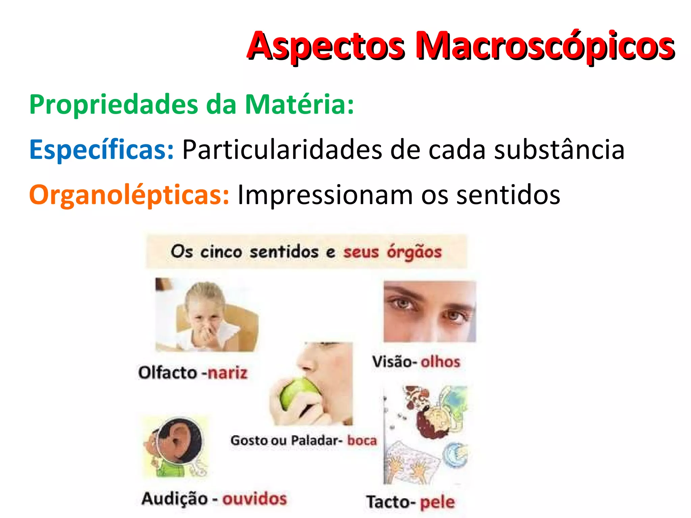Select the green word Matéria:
pyautogui.click(x=299, y=105)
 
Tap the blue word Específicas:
pyautogui.click(x=102, y=149)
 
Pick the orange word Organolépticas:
pyautogui.click(x=129, y=195)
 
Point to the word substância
pyautogui.click(x=559, y=149)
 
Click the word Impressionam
pyautogui.click(x=325, y=195)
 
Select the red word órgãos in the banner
pyautogui.click(x=414, y=252)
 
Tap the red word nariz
pyautogui.click(x=227, y=373)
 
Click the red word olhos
pyautogui.click(x=440, y=362)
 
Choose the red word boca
pyautogui.click(x=362, y=440)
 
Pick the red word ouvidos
pyautogui.click(x=254, y=499)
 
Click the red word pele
pyautogui.click(x=437, y=502)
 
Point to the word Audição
pyautogui.click(x=174, y=499)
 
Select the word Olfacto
pyautogui.click(x=168, y=373)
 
